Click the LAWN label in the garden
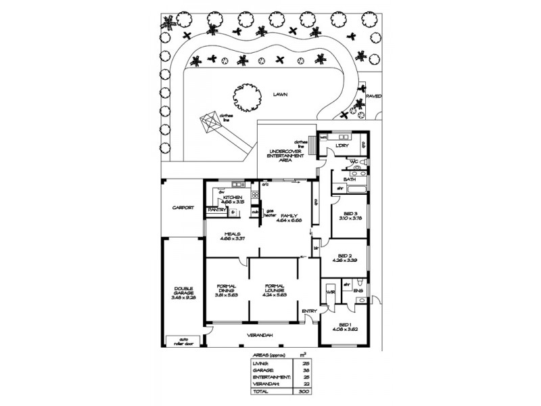[x=281, y=95]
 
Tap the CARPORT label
[x=183, y=208]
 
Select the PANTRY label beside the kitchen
[x=217, y=210]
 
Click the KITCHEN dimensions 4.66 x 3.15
[x=233, y=202]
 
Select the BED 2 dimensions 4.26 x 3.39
[x=344, y=261]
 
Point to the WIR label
[x=331, y=292]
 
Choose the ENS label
[x=358, y=292]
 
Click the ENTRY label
[x=309, y=311]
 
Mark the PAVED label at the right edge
[x=373, y=96]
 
